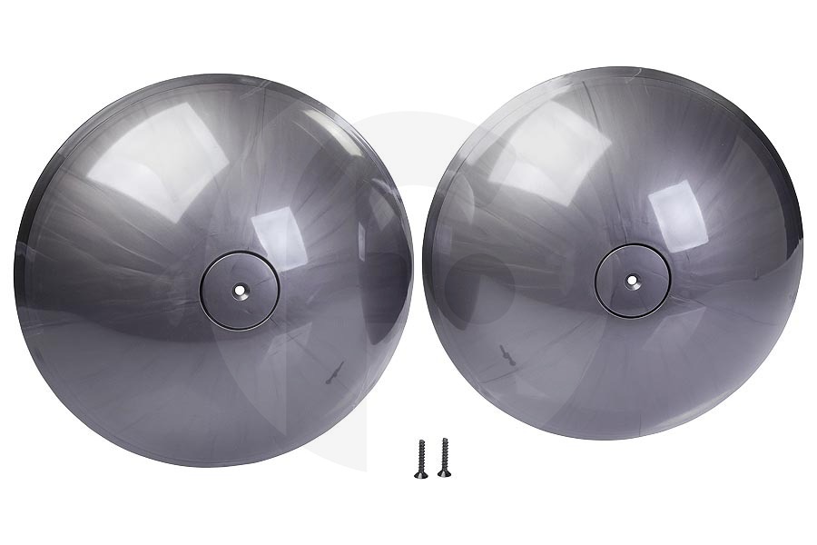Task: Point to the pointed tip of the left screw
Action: tap(420, 441)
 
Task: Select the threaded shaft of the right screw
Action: tap(443, 454)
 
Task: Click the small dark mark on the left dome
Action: tap(334, 371)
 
